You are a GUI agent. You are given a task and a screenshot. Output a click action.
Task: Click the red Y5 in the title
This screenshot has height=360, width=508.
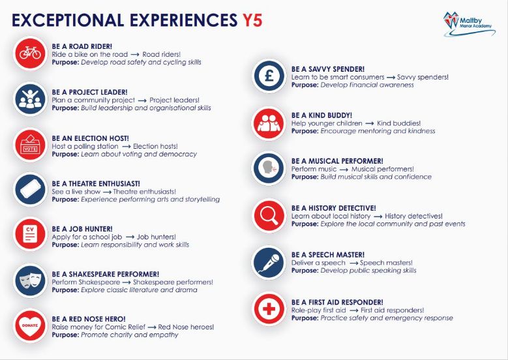pos(252,20)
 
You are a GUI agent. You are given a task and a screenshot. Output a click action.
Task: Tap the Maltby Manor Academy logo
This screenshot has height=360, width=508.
pos(469,24)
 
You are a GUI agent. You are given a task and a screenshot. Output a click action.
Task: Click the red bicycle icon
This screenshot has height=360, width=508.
pos(30,53)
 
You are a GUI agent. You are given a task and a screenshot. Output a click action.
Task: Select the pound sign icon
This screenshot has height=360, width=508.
pos(269,76)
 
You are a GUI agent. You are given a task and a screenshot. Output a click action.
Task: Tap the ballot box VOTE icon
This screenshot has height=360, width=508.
pos(30,145)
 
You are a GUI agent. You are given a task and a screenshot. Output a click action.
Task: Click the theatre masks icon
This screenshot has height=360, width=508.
pos(30,280)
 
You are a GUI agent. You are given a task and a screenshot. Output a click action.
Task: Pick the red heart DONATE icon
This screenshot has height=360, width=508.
pos(30,325)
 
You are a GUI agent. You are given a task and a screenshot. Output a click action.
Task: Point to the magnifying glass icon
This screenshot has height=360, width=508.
pos(269,216)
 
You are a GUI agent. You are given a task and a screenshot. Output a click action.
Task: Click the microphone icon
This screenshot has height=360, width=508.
pos(269,262)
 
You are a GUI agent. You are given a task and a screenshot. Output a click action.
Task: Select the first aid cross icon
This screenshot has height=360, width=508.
pos(269,309)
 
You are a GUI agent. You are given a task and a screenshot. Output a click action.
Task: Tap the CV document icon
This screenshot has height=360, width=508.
pos(30,234)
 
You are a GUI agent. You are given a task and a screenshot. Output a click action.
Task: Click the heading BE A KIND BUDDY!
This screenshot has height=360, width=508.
pos(321,115)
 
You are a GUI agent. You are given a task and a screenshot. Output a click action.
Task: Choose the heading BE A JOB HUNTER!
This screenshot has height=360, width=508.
pos(82,229)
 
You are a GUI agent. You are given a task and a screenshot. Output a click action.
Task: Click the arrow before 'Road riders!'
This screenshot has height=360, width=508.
pos(135,55)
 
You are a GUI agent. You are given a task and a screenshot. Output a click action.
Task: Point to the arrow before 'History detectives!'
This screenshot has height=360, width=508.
pos(378,217)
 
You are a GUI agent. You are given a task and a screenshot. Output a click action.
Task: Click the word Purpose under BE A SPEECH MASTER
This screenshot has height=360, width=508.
pos(305,271)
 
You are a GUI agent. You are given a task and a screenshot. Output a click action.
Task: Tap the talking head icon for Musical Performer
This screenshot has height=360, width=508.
pos(269,168)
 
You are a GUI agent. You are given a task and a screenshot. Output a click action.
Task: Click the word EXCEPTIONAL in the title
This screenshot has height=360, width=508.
pos(68,20)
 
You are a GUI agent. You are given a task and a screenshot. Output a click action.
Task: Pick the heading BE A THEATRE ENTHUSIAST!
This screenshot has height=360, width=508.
pos(96,184)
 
